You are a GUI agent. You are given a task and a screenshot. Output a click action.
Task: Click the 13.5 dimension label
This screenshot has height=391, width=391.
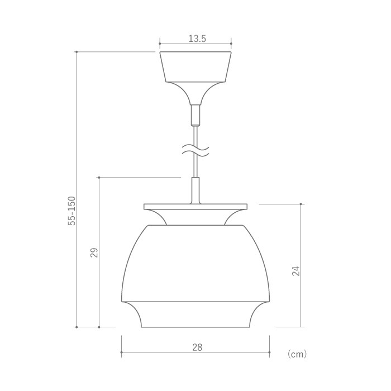tap(197, 39)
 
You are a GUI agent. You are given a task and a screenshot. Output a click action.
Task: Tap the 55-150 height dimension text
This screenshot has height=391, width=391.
tap(71, 211)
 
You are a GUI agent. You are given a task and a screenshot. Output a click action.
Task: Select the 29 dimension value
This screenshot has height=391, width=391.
tap(94, 252)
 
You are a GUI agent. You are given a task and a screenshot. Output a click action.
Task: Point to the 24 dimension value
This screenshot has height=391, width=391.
tap(295, 271)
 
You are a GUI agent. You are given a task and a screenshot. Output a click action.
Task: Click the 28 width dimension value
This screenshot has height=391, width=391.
tap(197, 347)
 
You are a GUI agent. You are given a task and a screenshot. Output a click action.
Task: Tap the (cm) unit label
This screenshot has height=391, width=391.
tap(297, 354)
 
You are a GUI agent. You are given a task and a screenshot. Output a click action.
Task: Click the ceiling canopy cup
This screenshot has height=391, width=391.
tap(195, 66)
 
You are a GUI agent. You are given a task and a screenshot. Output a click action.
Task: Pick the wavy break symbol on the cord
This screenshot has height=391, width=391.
tap(195, 151)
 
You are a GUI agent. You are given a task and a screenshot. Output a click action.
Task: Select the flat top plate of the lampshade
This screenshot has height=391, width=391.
tap(195, 207)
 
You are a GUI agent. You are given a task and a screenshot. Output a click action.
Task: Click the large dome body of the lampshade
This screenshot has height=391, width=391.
tap(195, 263)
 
